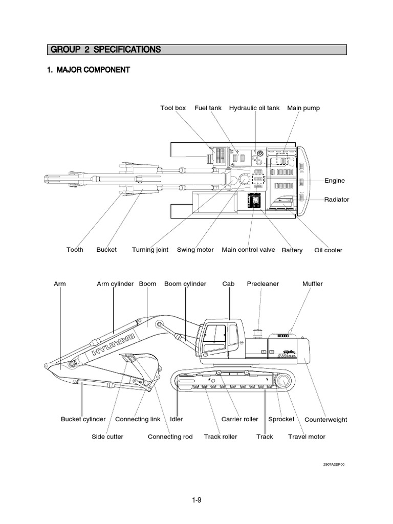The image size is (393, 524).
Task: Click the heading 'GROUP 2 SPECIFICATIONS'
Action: coord(106,50)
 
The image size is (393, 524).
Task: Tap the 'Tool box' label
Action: coord(173,108)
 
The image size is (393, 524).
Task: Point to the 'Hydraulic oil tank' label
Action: coord(254,108)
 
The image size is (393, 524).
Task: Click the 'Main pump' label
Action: coord(303,108)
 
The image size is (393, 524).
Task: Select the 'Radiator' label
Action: coord(337,200)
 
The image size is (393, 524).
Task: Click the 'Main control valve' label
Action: coord(249,250)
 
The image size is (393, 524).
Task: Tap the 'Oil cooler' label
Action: coord(329,250)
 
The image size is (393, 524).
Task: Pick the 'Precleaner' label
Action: coord(263,283)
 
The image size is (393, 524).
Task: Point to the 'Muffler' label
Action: coord(313,283)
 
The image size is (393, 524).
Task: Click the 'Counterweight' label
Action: coord(326,420)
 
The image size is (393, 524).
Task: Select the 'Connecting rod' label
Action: coord(170,436)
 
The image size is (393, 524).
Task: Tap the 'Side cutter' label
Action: coord(107,436)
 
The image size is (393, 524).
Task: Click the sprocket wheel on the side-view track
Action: coord(282,381)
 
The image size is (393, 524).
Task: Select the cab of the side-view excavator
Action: coord(220,338)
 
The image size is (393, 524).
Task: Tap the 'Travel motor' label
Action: coord(307,436)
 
